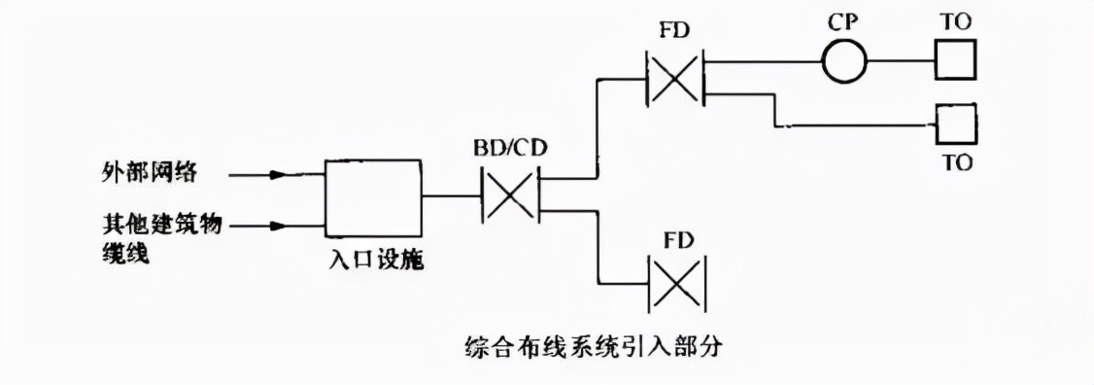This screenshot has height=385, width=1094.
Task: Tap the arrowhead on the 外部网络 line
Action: [278, 176]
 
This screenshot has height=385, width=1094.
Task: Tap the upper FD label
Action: [676, 29]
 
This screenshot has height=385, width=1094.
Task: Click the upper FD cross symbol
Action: [676, 77]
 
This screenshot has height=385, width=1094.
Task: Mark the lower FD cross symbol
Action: [676, 283]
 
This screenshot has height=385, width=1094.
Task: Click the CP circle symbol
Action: [843, 62]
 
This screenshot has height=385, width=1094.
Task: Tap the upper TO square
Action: [956, 62]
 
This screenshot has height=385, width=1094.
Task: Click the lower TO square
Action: [956, 124]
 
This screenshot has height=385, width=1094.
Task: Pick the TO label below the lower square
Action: [956, 162]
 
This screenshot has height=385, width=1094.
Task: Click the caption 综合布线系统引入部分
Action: [594, 344]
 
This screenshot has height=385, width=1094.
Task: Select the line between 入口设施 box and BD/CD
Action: [453, 197]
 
